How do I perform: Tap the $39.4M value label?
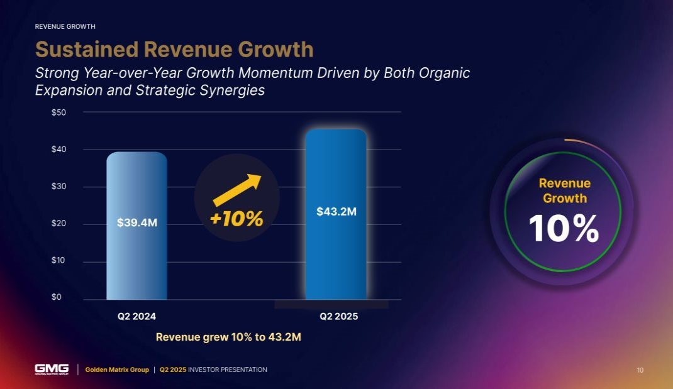coord(136,222)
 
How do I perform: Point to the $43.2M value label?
coord(336,212)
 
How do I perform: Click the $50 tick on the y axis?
coord(58,112)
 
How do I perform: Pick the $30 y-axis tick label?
coord(58,187)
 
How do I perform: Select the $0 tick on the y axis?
coord(57,297)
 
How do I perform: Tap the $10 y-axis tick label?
coord(58,260)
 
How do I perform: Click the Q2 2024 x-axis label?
coord(136,316)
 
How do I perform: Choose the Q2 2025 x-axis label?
coord(338,316)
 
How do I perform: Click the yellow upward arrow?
coord(236,190)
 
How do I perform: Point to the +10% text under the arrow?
coord(236,219)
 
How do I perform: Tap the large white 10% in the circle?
coord(564,229)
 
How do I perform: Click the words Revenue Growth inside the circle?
coord(564,191)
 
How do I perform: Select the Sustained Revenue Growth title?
coord(174,49)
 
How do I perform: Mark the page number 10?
coord(640,370)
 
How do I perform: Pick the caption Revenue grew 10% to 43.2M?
coord(228,337)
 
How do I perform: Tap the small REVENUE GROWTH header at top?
coord(65,26)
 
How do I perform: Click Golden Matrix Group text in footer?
coord(117,370)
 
